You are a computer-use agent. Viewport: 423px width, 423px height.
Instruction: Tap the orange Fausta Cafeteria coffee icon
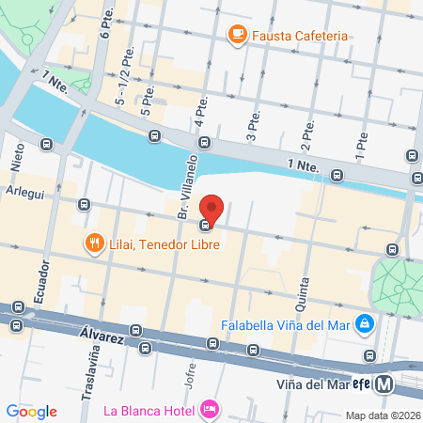point(236,37)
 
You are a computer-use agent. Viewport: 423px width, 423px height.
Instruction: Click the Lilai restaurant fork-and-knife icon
point(94,244)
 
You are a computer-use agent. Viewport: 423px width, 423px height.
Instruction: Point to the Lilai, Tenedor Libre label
point(164,244)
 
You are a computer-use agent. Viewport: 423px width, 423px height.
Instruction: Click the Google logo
point(31,411)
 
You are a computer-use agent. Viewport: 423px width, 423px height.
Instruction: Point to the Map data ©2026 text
point(382,415)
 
